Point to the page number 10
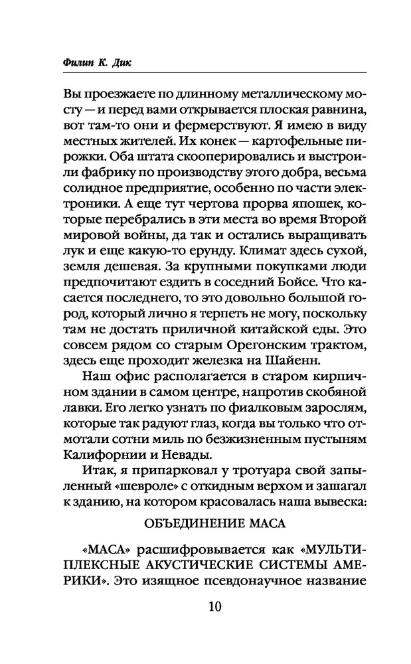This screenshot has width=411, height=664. (205, 606)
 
